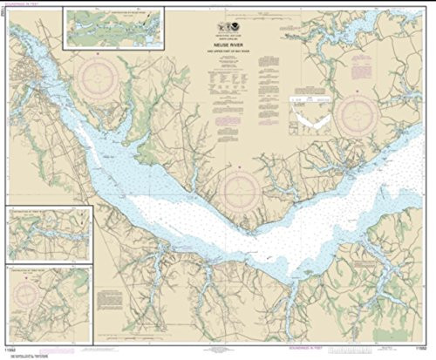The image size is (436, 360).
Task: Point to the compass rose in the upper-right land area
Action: pos(358,115)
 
